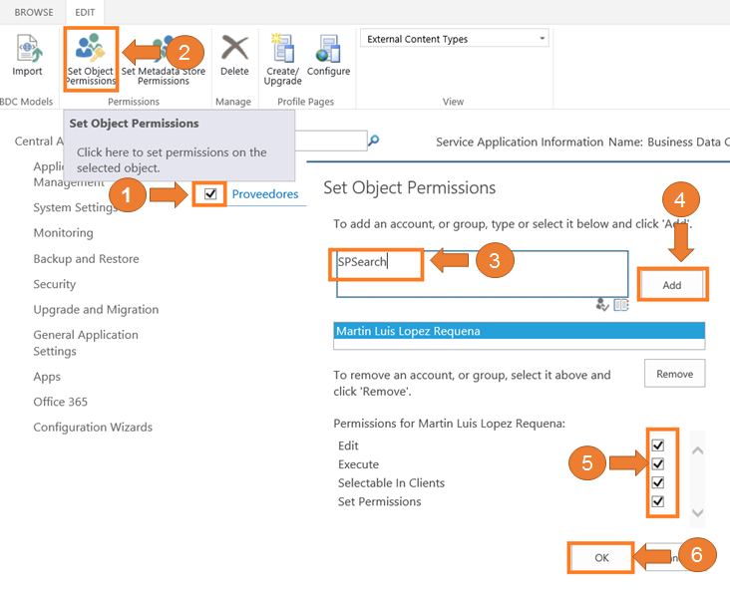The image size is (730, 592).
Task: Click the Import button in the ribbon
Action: [x=27, y=56]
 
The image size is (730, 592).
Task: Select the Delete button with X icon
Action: [x=234, y=56]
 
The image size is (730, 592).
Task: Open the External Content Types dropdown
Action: [x=454, y=39]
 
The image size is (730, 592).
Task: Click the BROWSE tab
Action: [x=34, y=12]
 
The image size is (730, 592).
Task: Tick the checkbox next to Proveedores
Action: [x=210, y=193]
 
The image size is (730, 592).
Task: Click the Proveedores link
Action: [x=265, y=194]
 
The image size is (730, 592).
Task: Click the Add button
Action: [x=672, y=285]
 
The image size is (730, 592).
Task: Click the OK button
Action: [x=601, y=558]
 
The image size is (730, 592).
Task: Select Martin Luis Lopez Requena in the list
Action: [x=519, y=331]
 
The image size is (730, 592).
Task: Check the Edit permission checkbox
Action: [x=658, y=445]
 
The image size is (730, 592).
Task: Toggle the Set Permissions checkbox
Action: [x=658, y=501]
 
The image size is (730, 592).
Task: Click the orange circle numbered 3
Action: [x=495, y=262]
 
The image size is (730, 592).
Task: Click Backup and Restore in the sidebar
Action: [x=86, y=259]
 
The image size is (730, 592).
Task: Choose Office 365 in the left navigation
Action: [x=60, y=402]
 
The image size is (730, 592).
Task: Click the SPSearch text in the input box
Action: [x=362, y=262]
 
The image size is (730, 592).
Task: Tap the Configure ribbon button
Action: [x=328, y=56]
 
